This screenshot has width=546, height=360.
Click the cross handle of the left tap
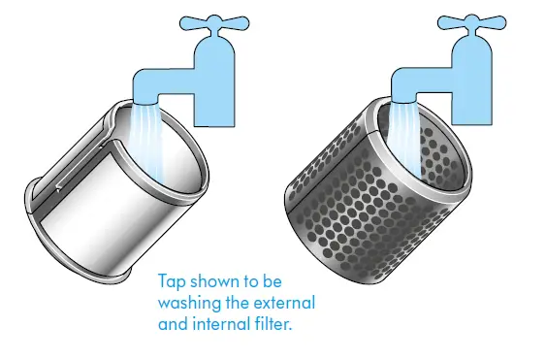point(214,22)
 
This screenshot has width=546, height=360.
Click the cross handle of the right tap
point(472,22)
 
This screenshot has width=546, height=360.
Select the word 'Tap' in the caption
point(172,281)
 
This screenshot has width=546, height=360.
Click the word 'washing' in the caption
point(189,303)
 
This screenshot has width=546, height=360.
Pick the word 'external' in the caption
point(284,302)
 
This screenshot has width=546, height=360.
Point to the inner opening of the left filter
point(160,147)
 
